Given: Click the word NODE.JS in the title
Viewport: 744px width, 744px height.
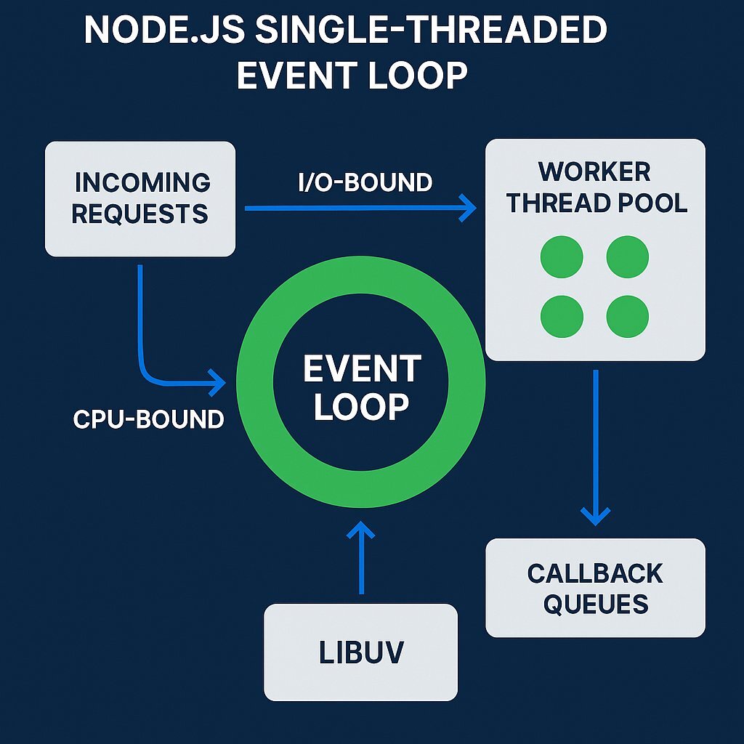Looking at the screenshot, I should point(163,33).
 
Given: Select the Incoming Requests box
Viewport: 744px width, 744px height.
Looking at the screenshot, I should point(140,198).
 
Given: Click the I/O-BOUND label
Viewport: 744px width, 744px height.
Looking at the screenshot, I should point(365,182).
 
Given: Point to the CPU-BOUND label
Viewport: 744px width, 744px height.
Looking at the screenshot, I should point(148,419).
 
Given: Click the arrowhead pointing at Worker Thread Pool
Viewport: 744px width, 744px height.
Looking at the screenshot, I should point(466,209).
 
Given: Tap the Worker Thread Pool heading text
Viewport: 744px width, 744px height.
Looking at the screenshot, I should point(596,187).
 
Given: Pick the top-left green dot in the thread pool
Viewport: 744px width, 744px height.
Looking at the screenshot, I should point(562,256).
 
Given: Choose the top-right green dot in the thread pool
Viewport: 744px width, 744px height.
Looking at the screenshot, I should point(627,256).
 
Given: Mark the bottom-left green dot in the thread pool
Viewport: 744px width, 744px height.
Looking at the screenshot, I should point(562,316).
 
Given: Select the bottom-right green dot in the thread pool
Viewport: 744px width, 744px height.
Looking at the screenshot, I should point(627,316).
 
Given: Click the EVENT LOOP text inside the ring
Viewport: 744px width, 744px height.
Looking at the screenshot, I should point(362,388).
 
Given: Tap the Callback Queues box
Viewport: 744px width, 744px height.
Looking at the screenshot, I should point(595,588).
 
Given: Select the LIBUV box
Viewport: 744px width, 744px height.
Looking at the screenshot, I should point(360,652).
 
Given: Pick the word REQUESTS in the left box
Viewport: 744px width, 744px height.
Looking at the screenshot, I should point(140,214).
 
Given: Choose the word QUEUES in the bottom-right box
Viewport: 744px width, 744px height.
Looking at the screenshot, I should point(595,604).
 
